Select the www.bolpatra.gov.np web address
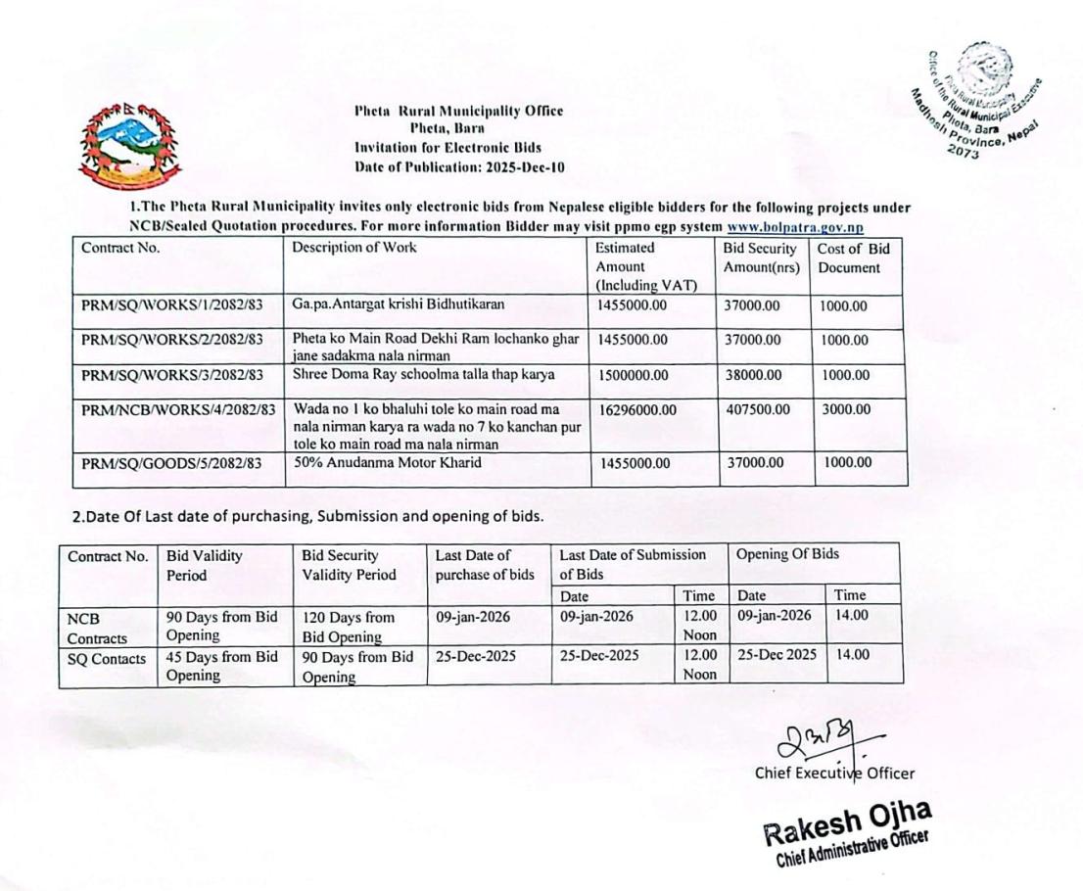pos(809,226)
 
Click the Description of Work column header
pos(353,248)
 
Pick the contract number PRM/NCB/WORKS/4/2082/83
pos(178,409)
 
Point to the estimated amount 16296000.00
pos(636,409)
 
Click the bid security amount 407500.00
pos(757,409)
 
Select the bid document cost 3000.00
pos(845,409)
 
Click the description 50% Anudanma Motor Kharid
pos(386,462)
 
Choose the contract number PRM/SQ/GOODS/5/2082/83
pos(171,463)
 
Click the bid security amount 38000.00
pos(752,375)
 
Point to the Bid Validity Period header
pos(204,565)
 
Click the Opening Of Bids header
pos(787,555)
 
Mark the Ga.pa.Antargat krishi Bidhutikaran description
pos(398,305)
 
